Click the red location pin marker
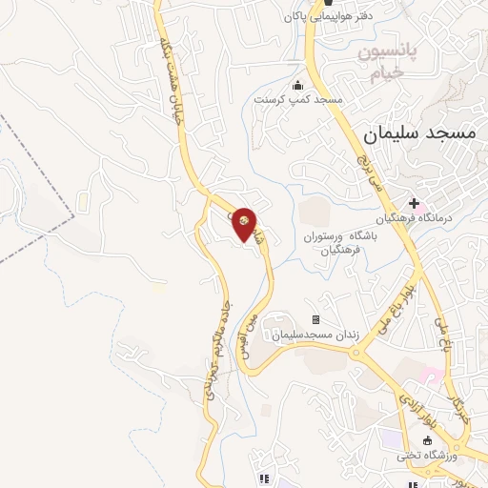point(245,224)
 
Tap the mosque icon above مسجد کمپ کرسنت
point(298,84)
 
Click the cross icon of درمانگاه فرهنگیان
point(414,203)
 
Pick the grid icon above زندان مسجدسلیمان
point(315,319)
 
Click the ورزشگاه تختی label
point(428,456)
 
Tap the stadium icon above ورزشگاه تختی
point(427,440)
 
